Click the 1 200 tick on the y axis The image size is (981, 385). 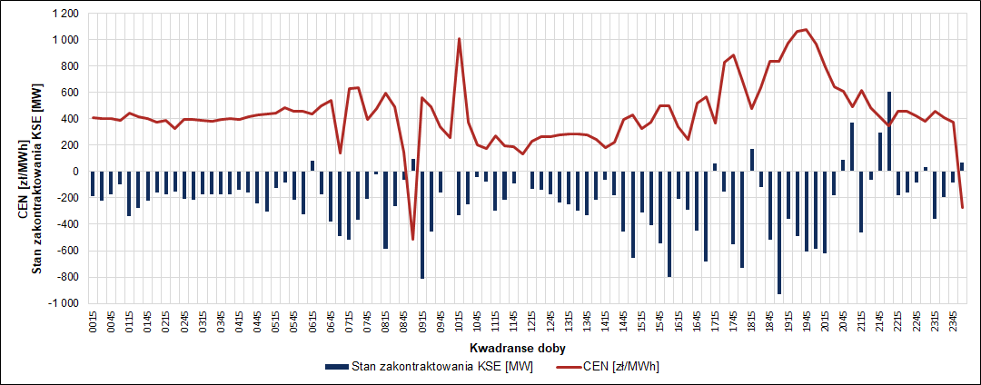[x=64, y=15]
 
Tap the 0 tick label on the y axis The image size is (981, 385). [x=75, y=172]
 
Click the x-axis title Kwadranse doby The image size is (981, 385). [x=508, y=349]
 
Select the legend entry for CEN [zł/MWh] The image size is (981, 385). [x=621, y=367]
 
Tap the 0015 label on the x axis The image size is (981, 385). [x=94, y=323]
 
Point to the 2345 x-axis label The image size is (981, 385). [x=953, y=323]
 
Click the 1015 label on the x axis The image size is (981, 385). [x=460, y=323]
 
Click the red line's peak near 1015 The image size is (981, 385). [x=460, y=38]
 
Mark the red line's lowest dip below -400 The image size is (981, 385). [x=413, y=240]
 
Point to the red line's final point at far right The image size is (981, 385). [x=962, y=208]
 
